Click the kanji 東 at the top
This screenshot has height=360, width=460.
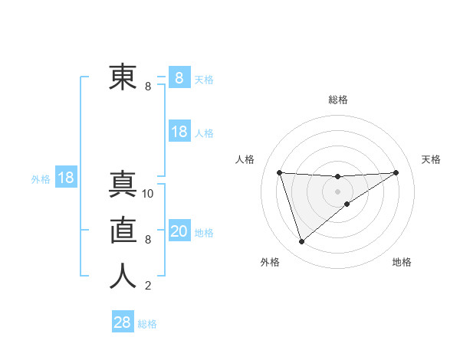click(x=123, y=77)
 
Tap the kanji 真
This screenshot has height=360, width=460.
click(x=123, y=185)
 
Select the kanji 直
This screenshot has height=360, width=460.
click(x=123, y=231)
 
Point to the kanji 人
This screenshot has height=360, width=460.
click(x=123, y=277)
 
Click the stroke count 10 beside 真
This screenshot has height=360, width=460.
click(x=148, y=194)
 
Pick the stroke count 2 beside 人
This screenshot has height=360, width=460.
click(x=147, y=286)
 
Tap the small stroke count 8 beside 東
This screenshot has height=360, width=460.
click(x=148, y=87)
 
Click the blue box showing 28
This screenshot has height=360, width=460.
click(x=122, y=322)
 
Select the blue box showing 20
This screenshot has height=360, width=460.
click(x=179, y=231)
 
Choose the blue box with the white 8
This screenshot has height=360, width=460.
click(x=179, y=78)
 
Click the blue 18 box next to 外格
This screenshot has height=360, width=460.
click(x=66, y=178)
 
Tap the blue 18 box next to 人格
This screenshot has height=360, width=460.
click(x=179, y=132)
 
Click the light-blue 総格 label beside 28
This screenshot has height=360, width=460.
click(x=147, y=324)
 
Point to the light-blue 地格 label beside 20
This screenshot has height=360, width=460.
click(x=204, y=233)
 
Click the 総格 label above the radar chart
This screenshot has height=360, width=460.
click(x=338, y=100)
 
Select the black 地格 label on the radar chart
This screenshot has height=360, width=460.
click(x=402, y=262)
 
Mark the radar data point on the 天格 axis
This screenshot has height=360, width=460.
click(x=396, y=172)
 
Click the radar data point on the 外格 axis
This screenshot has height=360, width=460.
click(x=301, y=242)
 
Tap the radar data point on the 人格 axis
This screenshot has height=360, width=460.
click(x=279, y=172)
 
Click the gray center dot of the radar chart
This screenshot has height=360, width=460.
click(x=337, y=191)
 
